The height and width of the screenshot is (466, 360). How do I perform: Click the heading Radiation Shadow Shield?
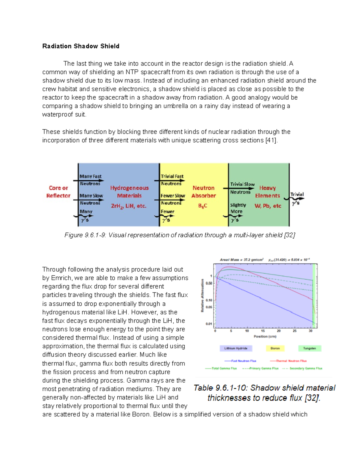[81, 46]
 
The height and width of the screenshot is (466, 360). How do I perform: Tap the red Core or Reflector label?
[58, 192]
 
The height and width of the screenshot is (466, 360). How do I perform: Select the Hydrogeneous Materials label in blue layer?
[129, 192]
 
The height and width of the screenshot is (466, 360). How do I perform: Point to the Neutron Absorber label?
[203, 192]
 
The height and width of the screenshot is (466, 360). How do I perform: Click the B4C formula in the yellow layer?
[203, 206]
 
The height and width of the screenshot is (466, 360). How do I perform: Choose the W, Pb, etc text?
[268, 206]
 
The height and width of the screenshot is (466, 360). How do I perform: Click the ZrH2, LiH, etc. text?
[129, 206]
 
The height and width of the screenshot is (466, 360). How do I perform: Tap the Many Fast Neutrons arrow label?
[90, 180]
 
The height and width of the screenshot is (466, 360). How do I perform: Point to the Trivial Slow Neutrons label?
[242, 188]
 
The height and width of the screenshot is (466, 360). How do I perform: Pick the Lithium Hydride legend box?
[236, 348]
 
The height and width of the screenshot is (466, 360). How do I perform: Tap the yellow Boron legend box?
[275, 348]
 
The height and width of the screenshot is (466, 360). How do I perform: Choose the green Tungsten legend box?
[309, 348]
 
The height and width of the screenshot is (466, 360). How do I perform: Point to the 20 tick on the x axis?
[279, 331]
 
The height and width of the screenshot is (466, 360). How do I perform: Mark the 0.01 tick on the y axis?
[209, 324]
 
